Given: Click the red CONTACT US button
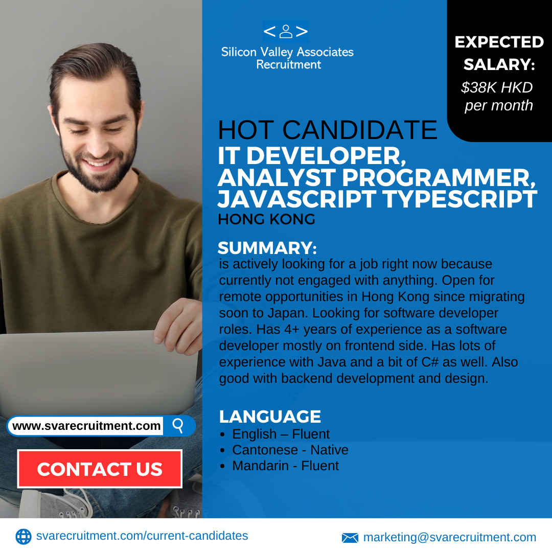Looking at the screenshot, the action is [100, 469].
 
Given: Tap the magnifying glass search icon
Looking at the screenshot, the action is [178, 426].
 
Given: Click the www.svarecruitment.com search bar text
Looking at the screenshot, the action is [86, 426].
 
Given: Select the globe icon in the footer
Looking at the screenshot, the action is [24, 537].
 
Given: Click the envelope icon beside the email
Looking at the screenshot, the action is [350, 538].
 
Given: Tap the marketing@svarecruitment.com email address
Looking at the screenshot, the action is [450, 538].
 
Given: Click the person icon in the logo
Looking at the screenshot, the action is [286, 31].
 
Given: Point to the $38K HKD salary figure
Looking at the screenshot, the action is [497, 87].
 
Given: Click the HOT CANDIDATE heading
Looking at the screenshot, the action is [328, 130].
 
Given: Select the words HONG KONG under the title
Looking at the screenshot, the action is [266, 219].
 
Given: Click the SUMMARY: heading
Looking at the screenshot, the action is [267, 248].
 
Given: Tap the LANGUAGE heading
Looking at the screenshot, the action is [270, 417].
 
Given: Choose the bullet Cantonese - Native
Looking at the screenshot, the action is [290, 450].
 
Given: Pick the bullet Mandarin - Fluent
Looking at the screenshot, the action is [286, 466].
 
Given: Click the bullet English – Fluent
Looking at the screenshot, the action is [281, 434].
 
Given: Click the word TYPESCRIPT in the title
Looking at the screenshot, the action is [460, 199].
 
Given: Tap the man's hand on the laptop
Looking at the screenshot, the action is [178, 326].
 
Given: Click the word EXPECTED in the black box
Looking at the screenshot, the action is [499, 42].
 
